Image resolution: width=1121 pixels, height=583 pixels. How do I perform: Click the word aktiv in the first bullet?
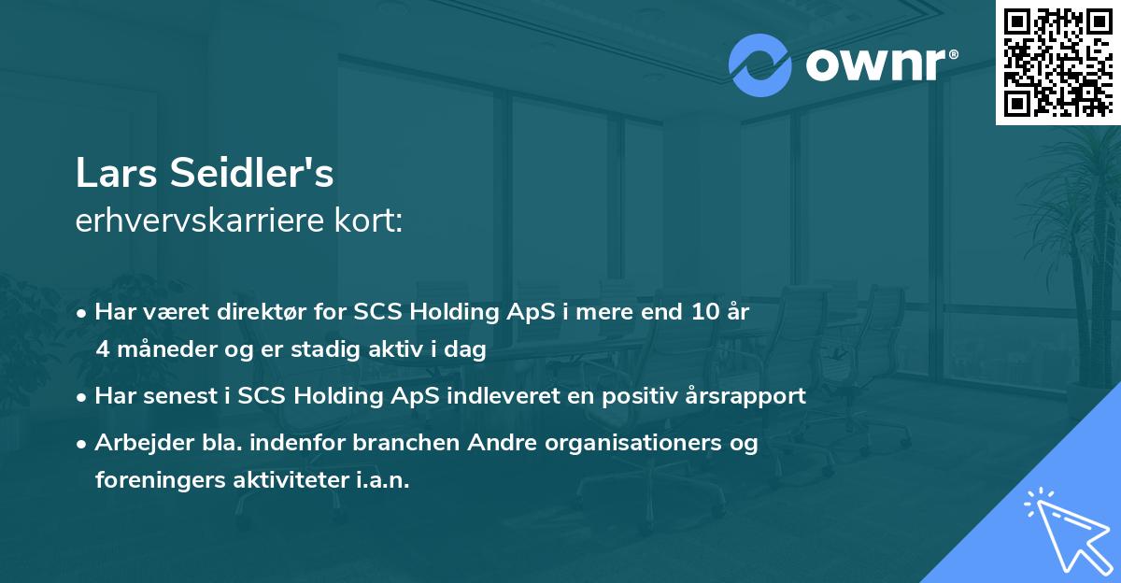[378, 350]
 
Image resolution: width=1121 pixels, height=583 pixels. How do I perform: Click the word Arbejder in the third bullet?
[135, 443]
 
